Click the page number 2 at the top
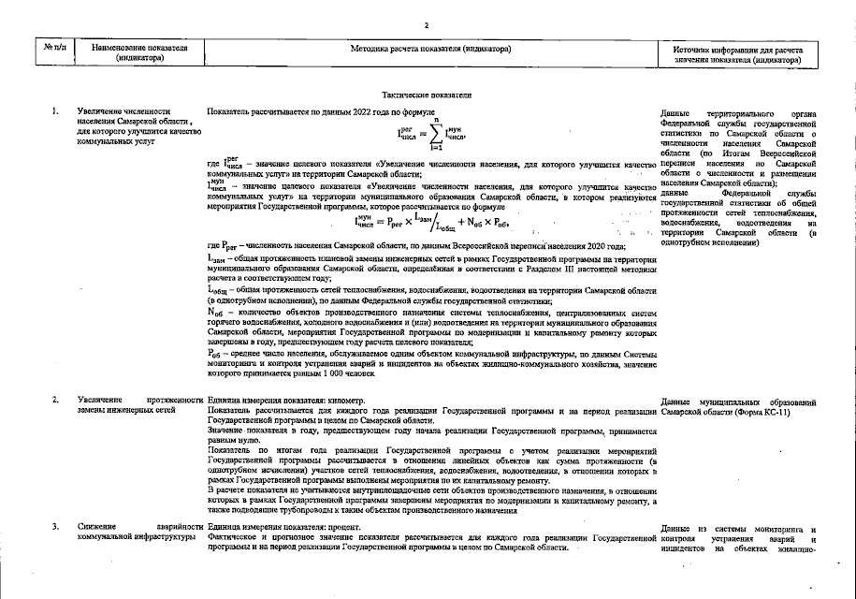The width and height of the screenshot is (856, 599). point(426,25)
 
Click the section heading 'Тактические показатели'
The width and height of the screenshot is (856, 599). point(427,95)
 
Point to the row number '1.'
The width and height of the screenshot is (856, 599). point(55,112)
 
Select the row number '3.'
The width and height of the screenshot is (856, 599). point(55,530)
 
